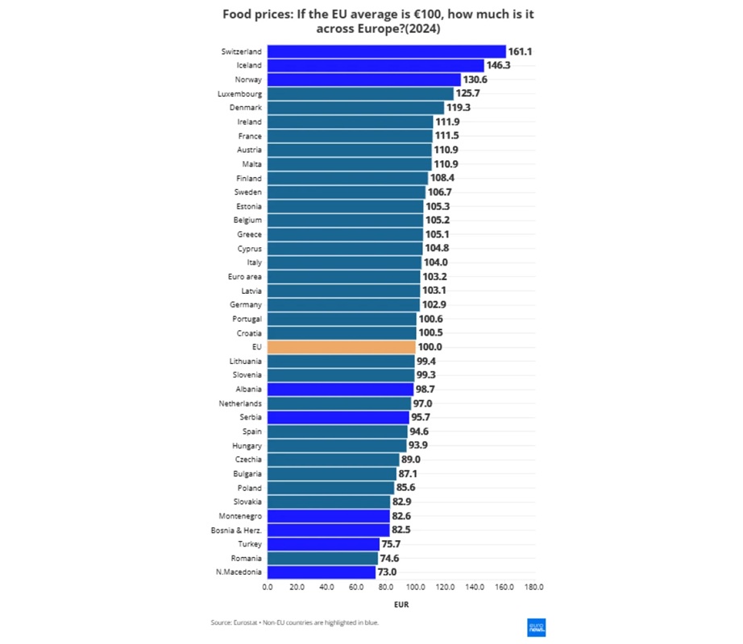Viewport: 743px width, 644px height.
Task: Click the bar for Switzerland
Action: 387,52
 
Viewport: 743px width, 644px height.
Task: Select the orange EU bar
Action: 342,347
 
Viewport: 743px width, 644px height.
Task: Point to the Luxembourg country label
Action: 239,93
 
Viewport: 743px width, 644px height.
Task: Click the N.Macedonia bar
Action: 322,572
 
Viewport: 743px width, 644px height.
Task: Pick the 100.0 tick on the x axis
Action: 416,588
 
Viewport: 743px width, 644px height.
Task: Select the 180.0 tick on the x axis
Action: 534,588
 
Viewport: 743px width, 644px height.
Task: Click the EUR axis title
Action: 401,604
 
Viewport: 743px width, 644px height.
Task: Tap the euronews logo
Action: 537,628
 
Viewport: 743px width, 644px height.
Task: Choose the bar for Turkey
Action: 324,544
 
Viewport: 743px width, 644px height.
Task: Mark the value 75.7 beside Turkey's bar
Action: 392,544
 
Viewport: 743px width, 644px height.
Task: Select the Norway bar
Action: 364,80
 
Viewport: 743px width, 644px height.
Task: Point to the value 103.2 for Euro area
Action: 436,276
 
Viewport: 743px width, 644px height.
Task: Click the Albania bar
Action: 341,389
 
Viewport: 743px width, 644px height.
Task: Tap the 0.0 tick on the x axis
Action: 268,588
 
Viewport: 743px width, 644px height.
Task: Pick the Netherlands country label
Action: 240,403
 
